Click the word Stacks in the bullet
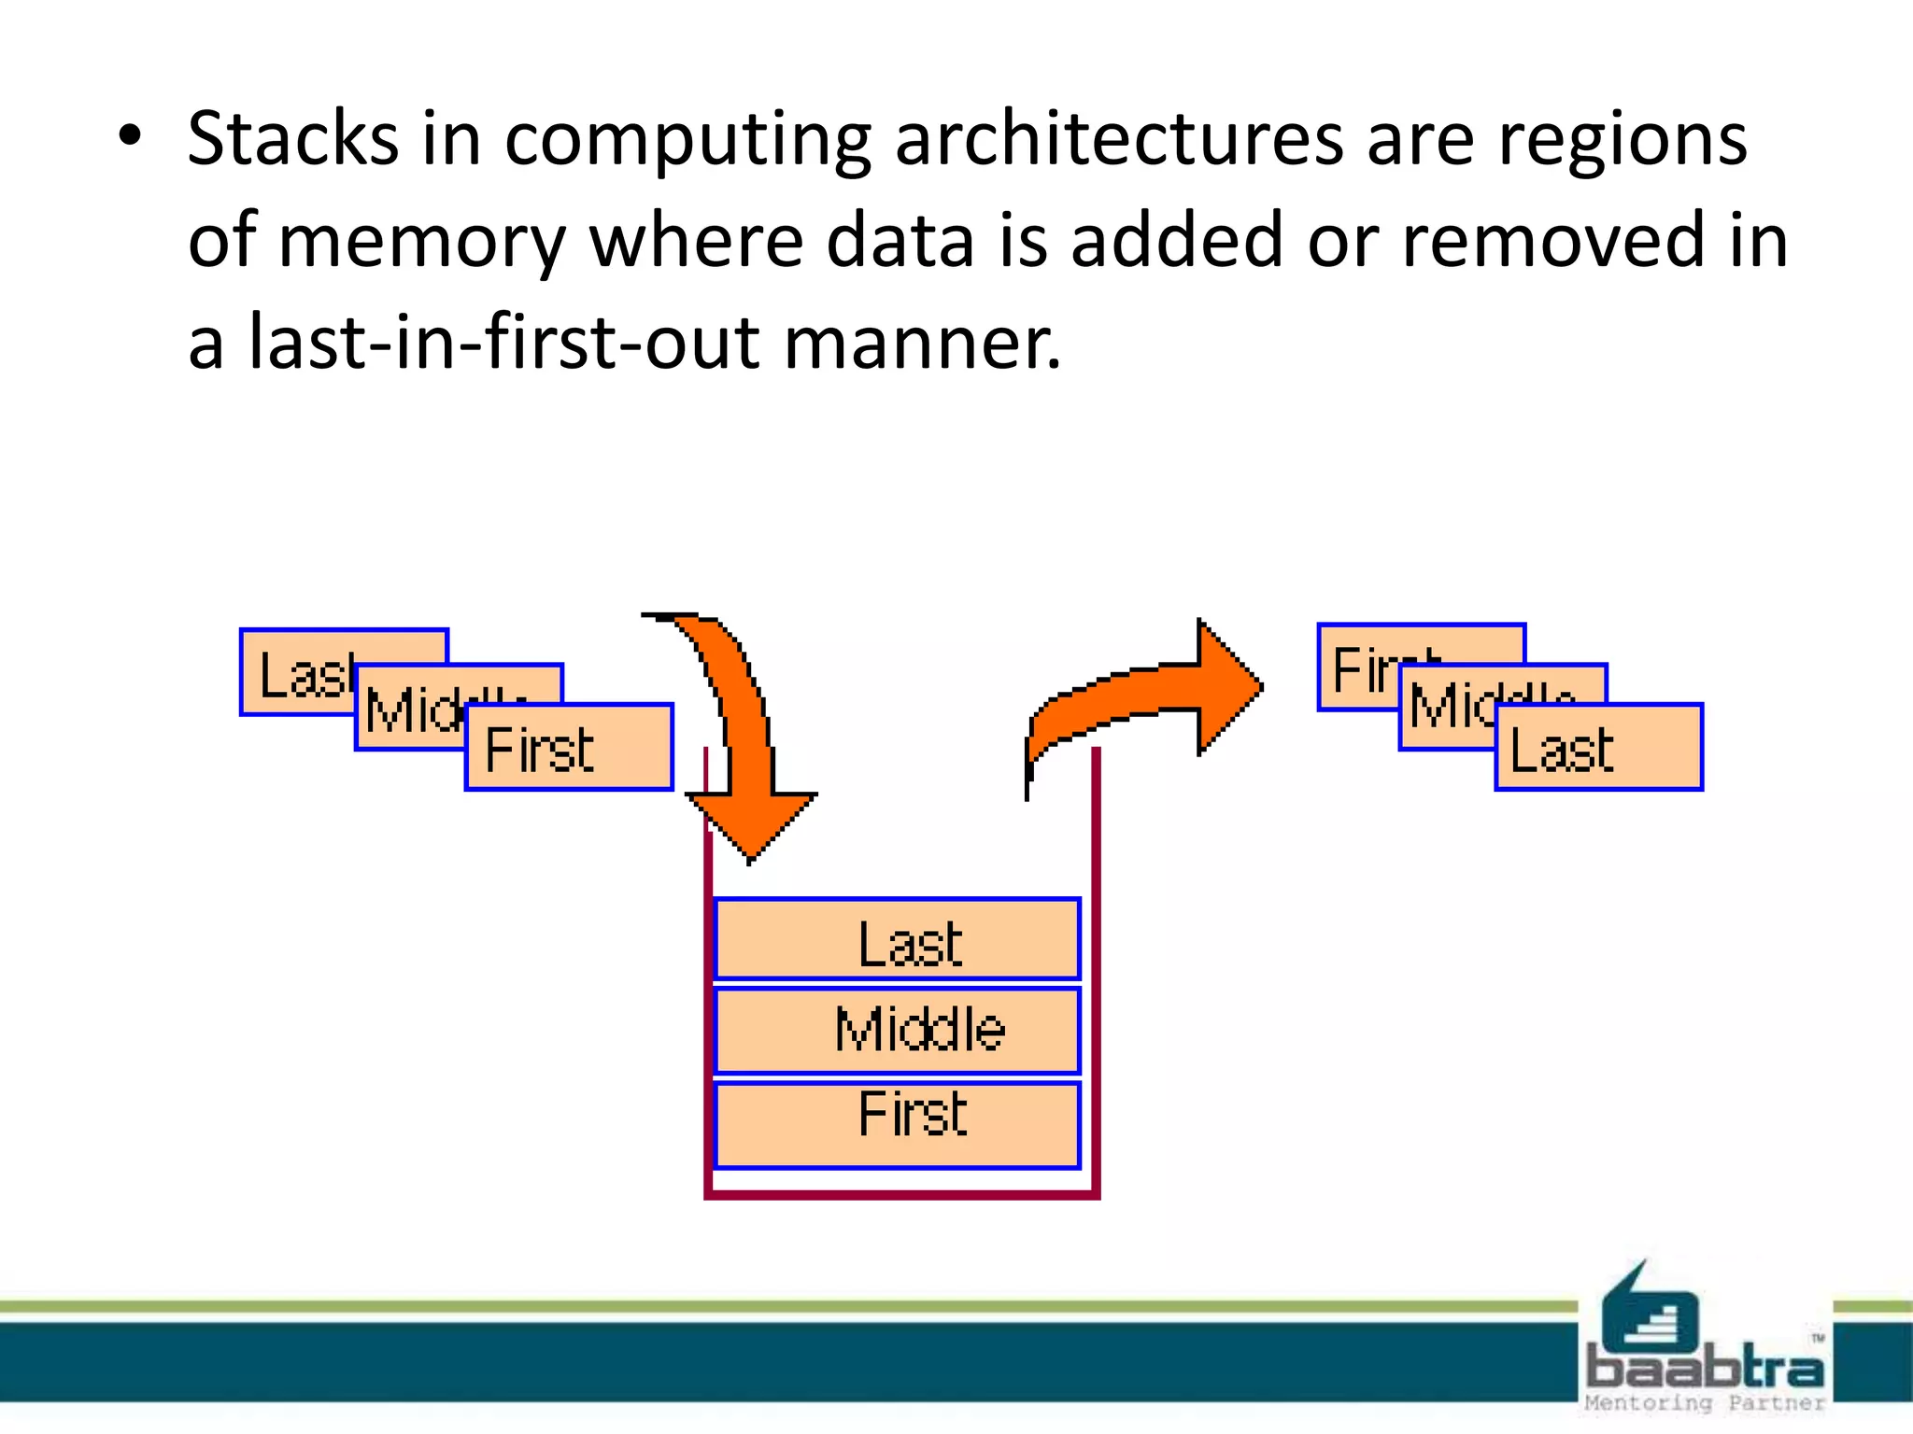[x=292, y=139]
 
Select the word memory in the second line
[x=421, y=242]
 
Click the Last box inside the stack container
[x=897, y=939]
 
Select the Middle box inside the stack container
[x=897, y=1030]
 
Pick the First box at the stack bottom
[x=897, y=1123]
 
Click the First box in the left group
[x=569, y=748]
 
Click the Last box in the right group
[x=1598, y=748]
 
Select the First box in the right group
[x=1359, y=667]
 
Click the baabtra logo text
[x=1705, y=1368]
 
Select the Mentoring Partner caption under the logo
[x=1704, y=1403]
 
